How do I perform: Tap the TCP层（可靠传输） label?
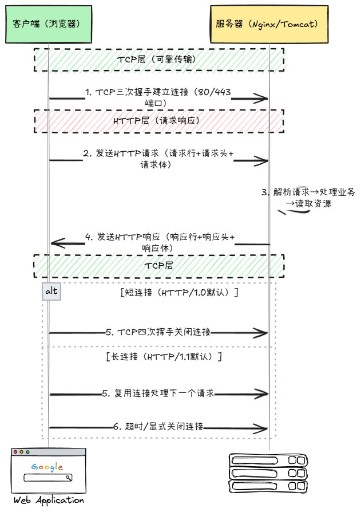click(x=159, y=60)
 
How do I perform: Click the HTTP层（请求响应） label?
click(x=159, y=121)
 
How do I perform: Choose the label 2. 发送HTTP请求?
click(x=158, y=159)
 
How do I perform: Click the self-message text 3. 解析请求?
click(x=309, y=198)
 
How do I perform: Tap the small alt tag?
click(x=51, y=292)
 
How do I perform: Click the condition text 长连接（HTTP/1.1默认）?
click(x=164, y=356)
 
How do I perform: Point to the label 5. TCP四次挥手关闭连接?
click(x=158, y=332)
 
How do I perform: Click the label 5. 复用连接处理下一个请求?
click(x=158, y=393)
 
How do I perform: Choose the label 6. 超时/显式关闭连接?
click(x=158, y=427)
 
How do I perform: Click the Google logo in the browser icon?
click(x=47, y=467)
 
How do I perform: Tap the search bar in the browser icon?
click(x=47, y=478)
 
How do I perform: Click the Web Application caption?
click(x=48, y=501)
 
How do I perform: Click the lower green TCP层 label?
click(x=159, y=266)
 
